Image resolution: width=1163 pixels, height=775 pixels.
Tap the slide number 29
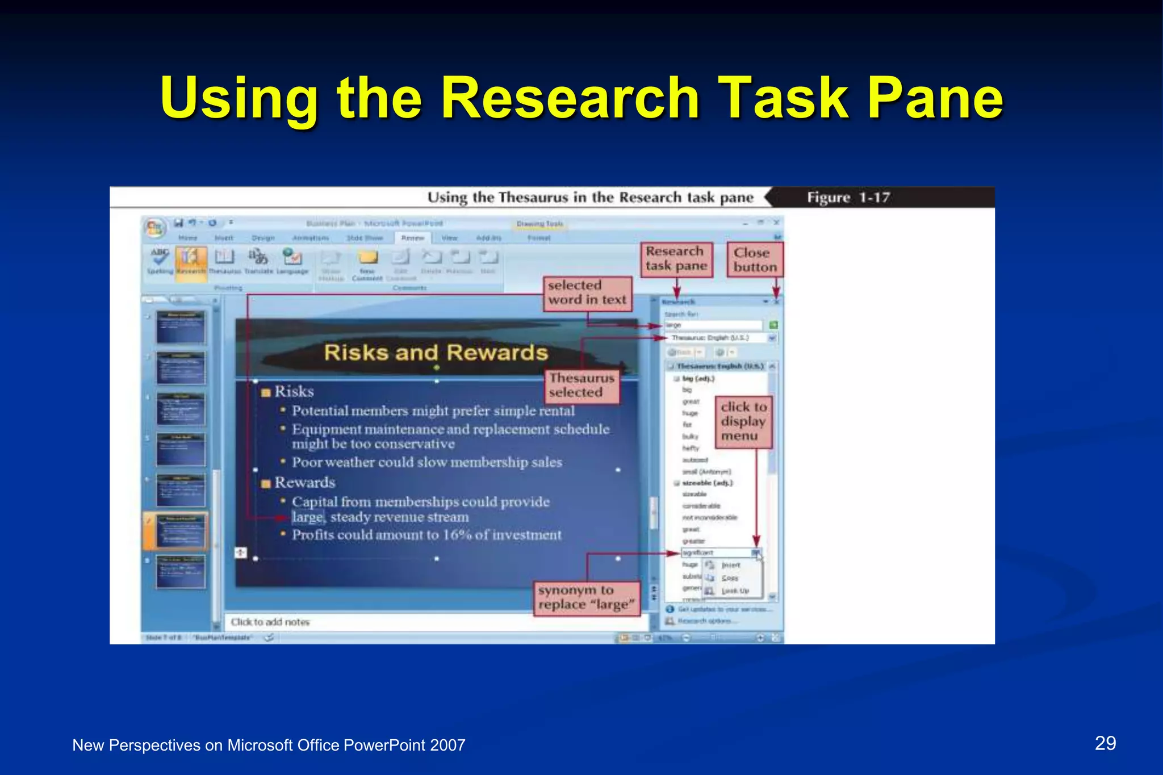(x=1105, y=743)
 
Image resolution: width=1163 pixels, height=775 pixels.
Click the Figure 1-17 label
(x=848, y=198)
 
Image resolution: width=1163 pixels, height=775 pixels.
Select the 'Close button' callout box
(x=755, y=260)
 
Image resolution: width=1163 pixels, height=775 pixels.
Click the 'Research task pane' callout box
(x=676, y=259)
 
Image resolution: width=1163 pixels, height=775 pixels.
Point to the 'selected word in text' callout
(x=587, y=293)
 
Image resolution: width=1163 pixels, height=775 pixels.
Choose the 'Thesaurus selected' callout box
(x=582, y=386)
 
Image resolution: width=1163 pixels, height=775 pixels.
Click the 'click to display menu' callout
(x=743, y=422)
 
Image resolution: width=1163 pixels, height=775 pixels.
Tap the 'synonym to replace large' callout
(x=586, y=598)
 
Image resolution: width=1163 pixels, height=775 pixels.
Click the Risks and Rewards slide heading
(x=436, y=353)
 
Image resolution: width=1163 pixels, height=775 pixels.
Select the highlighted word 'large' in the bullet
(x=307, y=517)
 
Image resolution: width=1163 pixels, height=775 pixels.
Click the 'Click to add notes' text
(x=270, y=622)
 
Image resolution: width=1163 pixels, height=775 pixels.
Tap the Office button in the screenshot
(x=154, y=228)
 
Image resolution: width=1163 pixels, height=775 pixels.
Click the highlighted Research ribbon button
(x=190, y=262)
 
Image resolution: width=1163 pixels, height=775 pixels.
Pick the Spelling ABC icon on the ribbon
(x=160, y=260)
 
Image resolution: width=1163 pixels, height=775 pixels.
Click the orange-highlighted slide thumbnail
(x=181, y=530)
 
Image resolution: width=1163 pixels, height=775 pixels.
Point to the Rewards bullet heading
(x=304, y=483)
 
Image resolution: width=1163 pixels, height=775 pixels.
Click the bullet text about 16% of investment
(x=426, y=535)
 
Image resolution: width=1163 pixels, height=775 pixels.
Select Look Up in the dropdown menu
(x=735, y=591)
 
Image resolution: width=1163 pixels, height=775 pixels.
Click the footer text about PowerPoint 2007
(x=269, y=745)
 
